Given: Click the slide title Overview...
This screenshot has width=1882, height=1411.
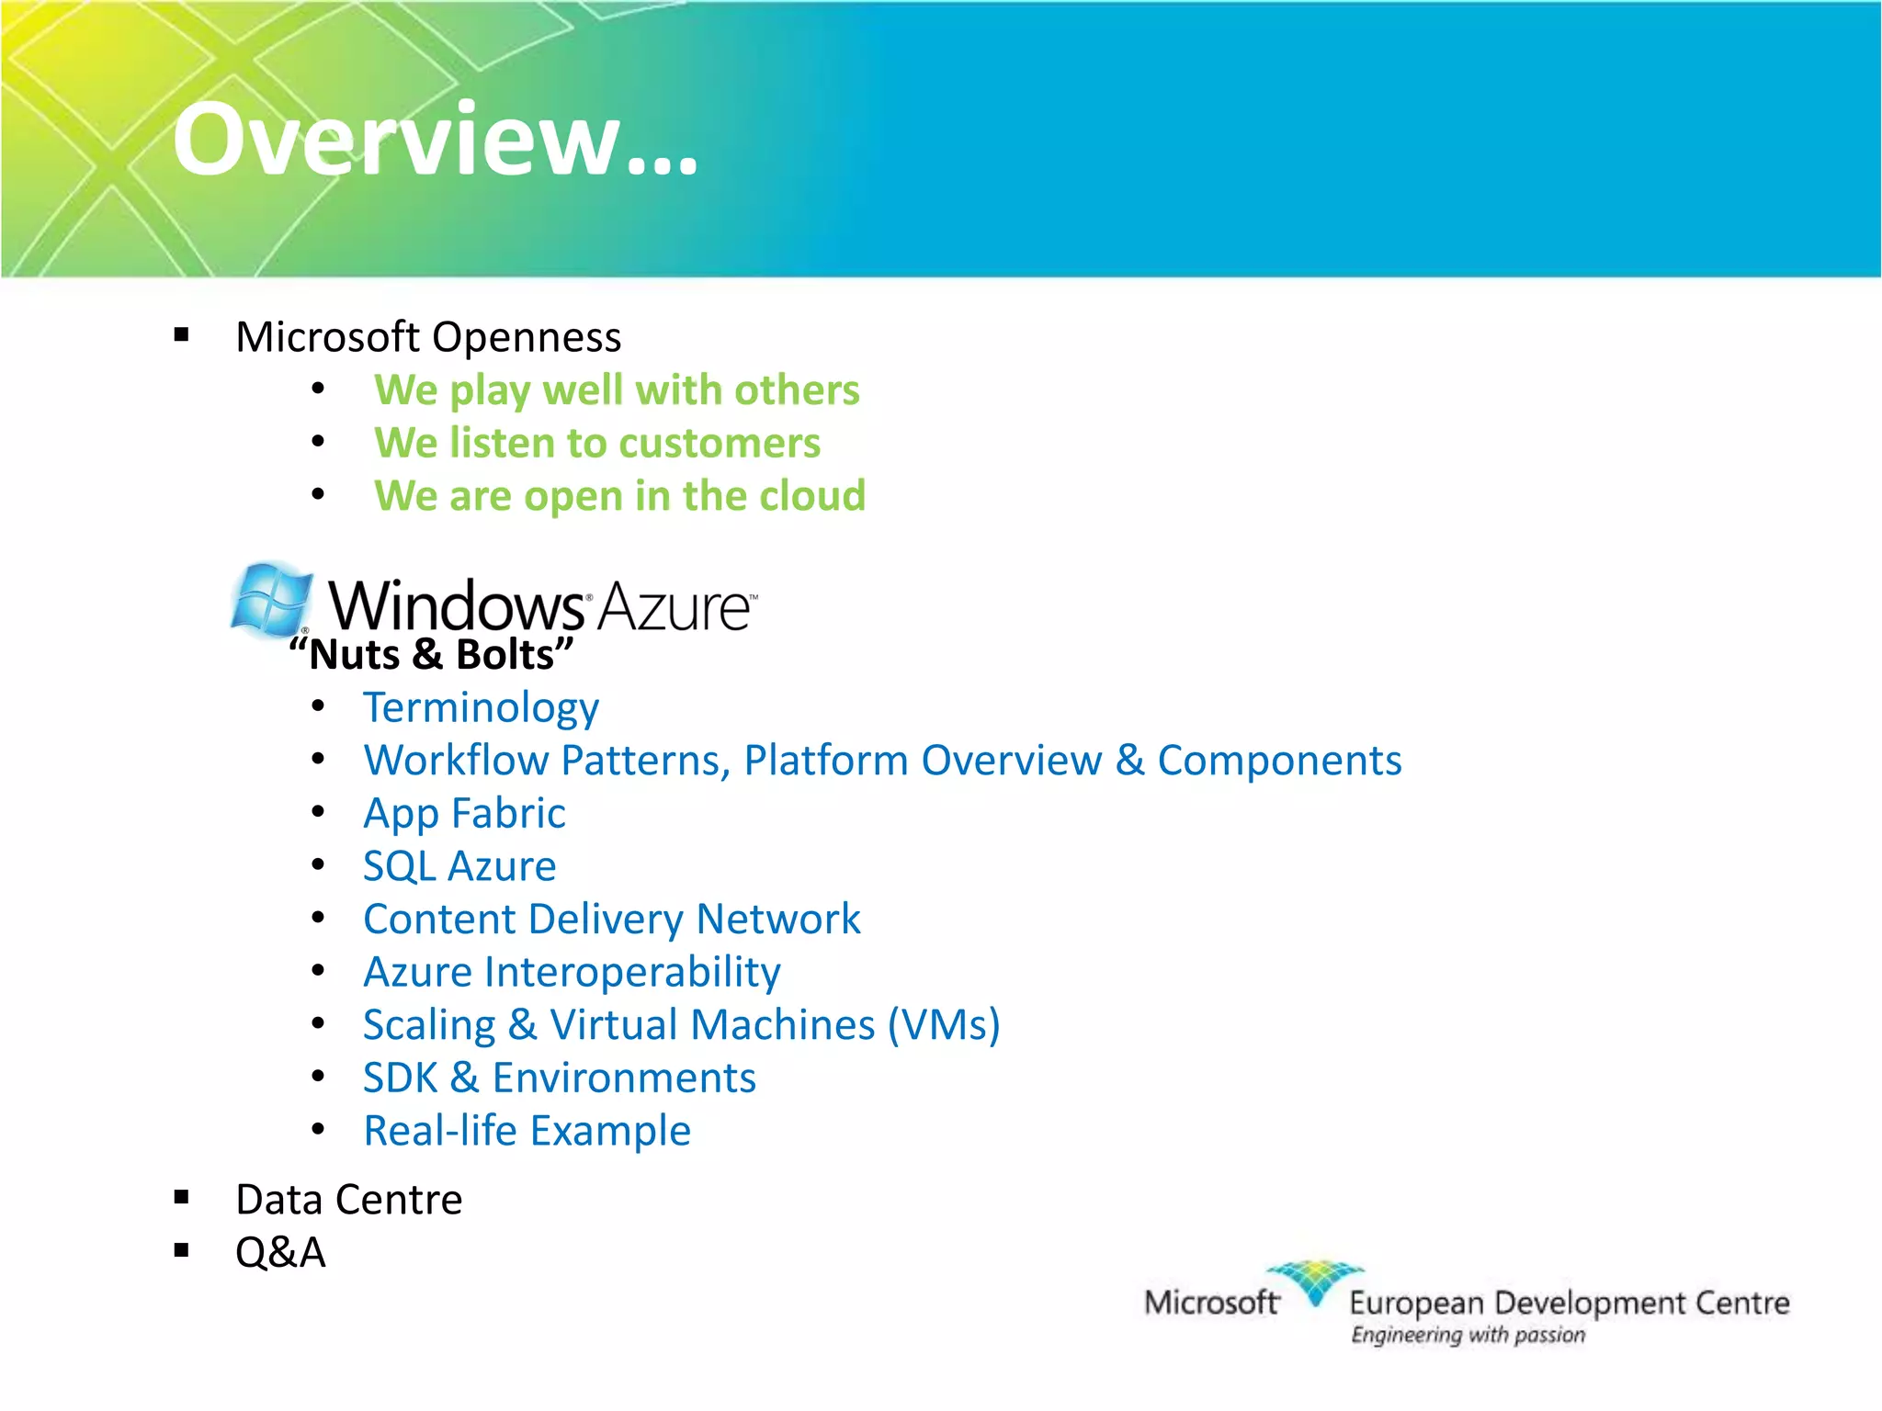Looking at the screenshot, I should [x=435, y=140].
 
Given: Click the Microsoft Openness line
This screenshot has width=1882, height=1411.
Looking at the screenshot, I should [x=428, y=337].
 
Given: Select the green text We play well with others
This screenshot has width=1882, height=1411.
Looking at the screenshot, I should [x=617, y=390].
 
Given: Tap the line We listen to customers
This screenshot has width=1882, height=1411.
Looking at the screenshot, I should [x=597, y=444].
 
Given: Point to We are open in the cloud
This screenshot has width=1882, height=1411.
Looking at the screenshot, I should [x=619, y=496].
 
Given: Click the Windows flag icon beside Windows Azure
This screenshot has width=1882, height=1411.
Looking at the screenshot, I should [x=271, y=600].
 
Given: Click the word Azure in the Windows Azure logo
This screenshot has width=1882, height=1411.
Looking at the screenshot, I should [x=676, y=607].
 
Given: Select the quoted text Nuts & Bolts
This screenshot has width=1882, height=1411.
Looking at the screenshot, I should [x=431, y=655].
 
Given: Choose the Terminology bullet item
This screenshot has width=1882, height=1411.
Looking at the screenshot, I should [x=481, y=708].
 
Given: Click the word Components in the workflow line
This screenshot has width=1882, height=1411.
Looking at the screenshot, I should [x=1279, y=761].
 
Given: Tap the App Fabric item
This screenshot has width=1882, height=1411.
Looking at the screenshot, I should [x=464, y=814].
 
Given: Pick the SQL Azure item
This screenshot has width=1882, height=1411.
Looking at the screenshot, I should [x=459, y=866].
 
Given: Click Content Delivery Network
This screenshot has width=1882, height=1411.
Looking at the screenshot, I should [x=612, y=920].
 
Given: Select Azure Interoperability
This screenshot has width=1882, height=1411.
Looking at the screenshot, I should [x=572, y=972].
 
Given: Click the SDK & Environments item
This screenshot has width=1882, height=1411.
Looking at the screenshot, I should [x=559, y=1078].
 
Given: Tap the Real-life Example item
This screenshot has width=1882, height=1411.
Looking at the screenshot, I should [x=527, y=1131].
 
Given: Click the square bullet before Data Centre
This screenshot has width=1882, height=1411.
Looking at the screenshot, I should [x=181, y=1197].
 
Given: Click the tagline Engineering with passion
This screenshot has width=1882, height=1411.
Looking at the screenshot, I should [x=1468, y=1335].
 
